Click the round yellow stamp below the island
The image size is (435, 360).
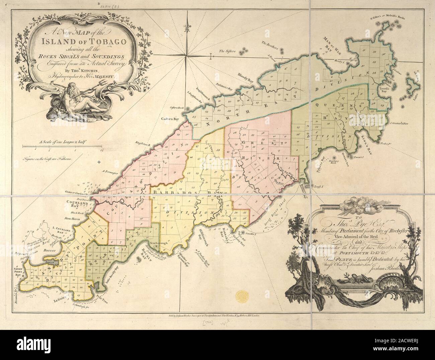point(242,295)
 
